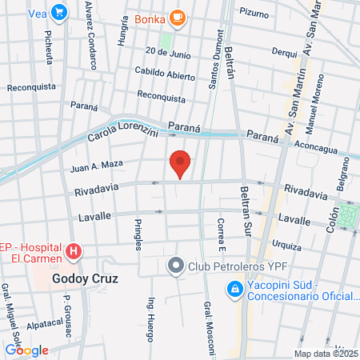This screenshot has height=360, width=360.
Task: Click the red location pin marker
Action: click(x=180, y=164)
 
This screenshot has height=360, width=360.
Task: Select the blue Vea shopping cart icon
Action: click(x=58, y=12)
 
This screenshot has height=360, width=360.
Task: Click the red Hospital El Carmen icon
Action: click(x=74, y=253)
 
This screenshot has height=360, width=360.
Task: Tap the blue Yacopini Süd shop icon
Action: click(x=234, y=288)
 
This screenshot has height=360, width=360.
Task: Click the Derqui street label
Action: click(x=284, y=51)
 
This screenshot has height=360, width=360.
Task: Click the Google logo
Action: click(x=26, y=350)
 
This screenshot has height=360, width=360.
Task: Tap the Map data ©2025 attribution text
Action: click(x=322, y=354)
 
